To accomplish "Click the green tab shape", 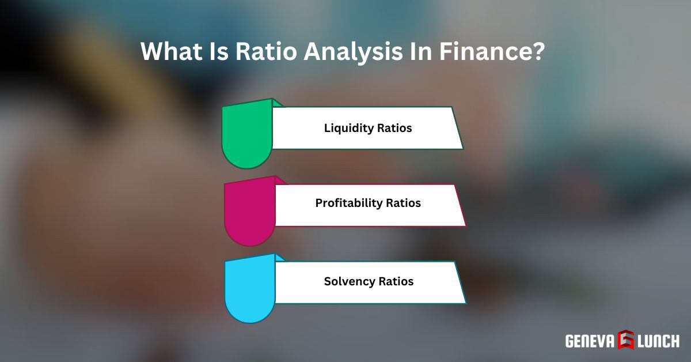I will [x=246, y=135].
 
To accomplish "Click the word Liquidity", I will [x=348, y=128].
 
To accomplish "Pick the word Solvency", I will [x=349, y=282].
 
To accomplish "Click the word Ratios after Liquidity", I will [x=394, y=128].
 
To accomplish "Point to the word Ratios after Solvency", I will [x=396, y=282].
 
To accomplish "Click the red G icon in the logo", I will [x=626, y=340].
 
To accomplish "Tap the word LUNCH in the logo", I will [x=659, y=341].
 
